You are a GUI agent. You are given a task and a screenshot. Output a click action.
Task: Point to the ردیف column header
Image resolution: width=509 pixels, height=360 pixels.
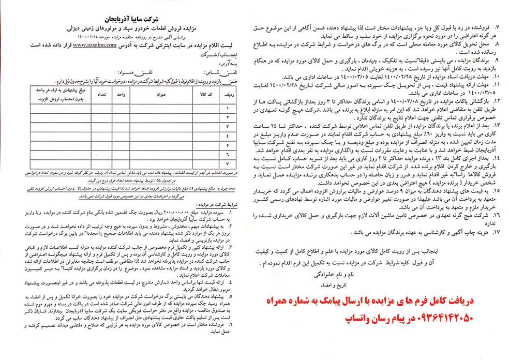227,95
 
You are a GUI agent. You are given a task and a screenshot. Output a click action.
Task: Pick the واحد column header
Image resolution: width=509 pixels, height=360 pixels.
123,95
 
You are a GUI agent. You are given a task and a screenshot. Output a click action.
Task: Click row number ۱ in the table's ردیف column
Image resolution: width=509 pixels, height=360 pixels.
227,108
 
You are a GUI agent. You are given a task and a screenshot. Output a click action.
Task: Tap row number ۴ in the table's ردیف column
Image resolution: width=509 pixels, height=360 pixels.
227,136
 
